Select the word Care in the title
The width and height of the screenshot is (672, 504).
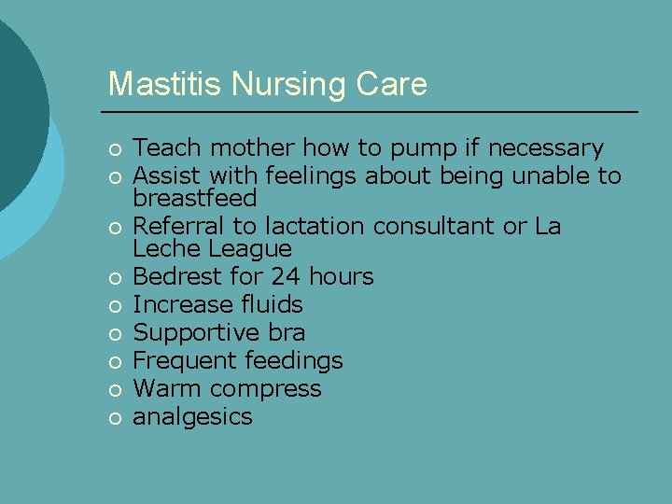point(391,84)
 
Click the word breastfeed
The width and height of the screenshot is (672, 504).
point(194,198)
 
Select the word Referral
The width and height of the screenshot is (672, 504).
point(172,227)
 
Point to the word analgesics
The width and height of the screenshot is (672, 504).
point(192,417)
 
